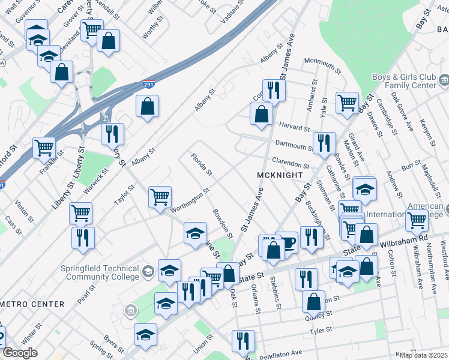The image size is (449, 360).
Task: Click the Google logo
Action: coord(20,353)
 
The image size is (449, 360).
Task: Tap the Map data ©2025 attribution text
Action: coord(422,355)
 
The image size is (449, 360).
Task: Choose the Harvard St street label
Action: coord(294,127)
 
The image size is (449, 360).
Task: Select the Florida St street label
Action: coord(201,165)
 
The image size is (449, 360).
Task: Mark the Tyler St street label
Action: coord(321,330)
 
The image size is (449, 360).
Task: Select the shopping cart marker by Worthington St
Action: coord(160,196)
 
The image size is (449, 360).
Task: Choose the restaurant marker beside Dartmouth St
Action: coord(324,143)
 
